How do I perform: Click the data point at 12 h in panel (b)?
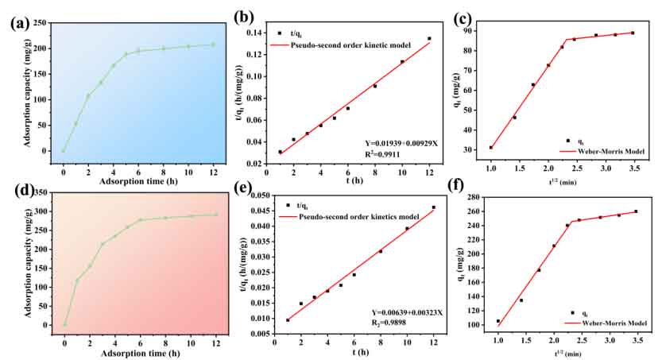(429, 39)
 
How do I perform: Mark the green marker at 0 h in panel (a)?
(64, 151)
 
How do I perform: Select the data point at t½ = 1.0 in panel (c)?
(491, 147)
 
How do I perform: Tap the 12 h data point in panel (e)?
(433, 207)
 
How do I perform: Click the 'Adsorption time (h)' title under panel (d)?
(140, 348)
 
